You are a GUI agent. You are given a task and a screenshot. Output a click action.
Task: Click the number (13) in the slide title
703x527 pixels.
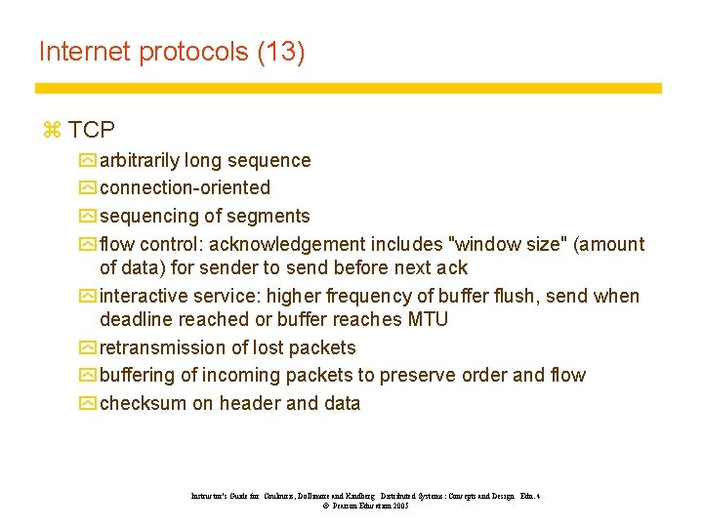tap(281, 52)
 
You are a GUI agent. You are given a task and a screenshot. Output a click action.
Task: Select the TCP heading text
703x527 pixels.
tap(92, 130)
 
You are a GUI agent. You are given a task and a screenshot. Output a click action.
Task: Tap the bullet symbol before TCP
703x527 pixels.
tap(52, 130)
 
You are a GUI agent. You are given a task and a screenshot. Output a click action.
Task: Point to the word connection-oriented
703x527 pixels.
tap(185, 187)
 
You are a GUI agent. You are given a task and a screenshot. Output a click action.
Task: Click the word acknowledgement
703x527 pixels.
tap(286, 244)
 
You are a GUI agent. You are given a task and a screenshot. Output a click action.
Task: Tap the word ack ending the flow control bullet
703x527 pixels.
tap(452, 267)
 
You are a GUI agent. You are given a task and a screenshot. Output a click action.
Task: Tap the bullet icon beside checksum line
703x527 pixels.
tap(89, 403)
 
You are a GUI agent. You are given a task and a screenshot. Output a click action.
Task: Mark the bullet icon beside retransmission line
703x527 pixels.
tap(89, 347)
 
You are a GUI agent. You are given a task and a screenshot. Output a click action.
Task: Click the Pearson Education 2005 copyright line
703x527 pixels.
tap(364, 507)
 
